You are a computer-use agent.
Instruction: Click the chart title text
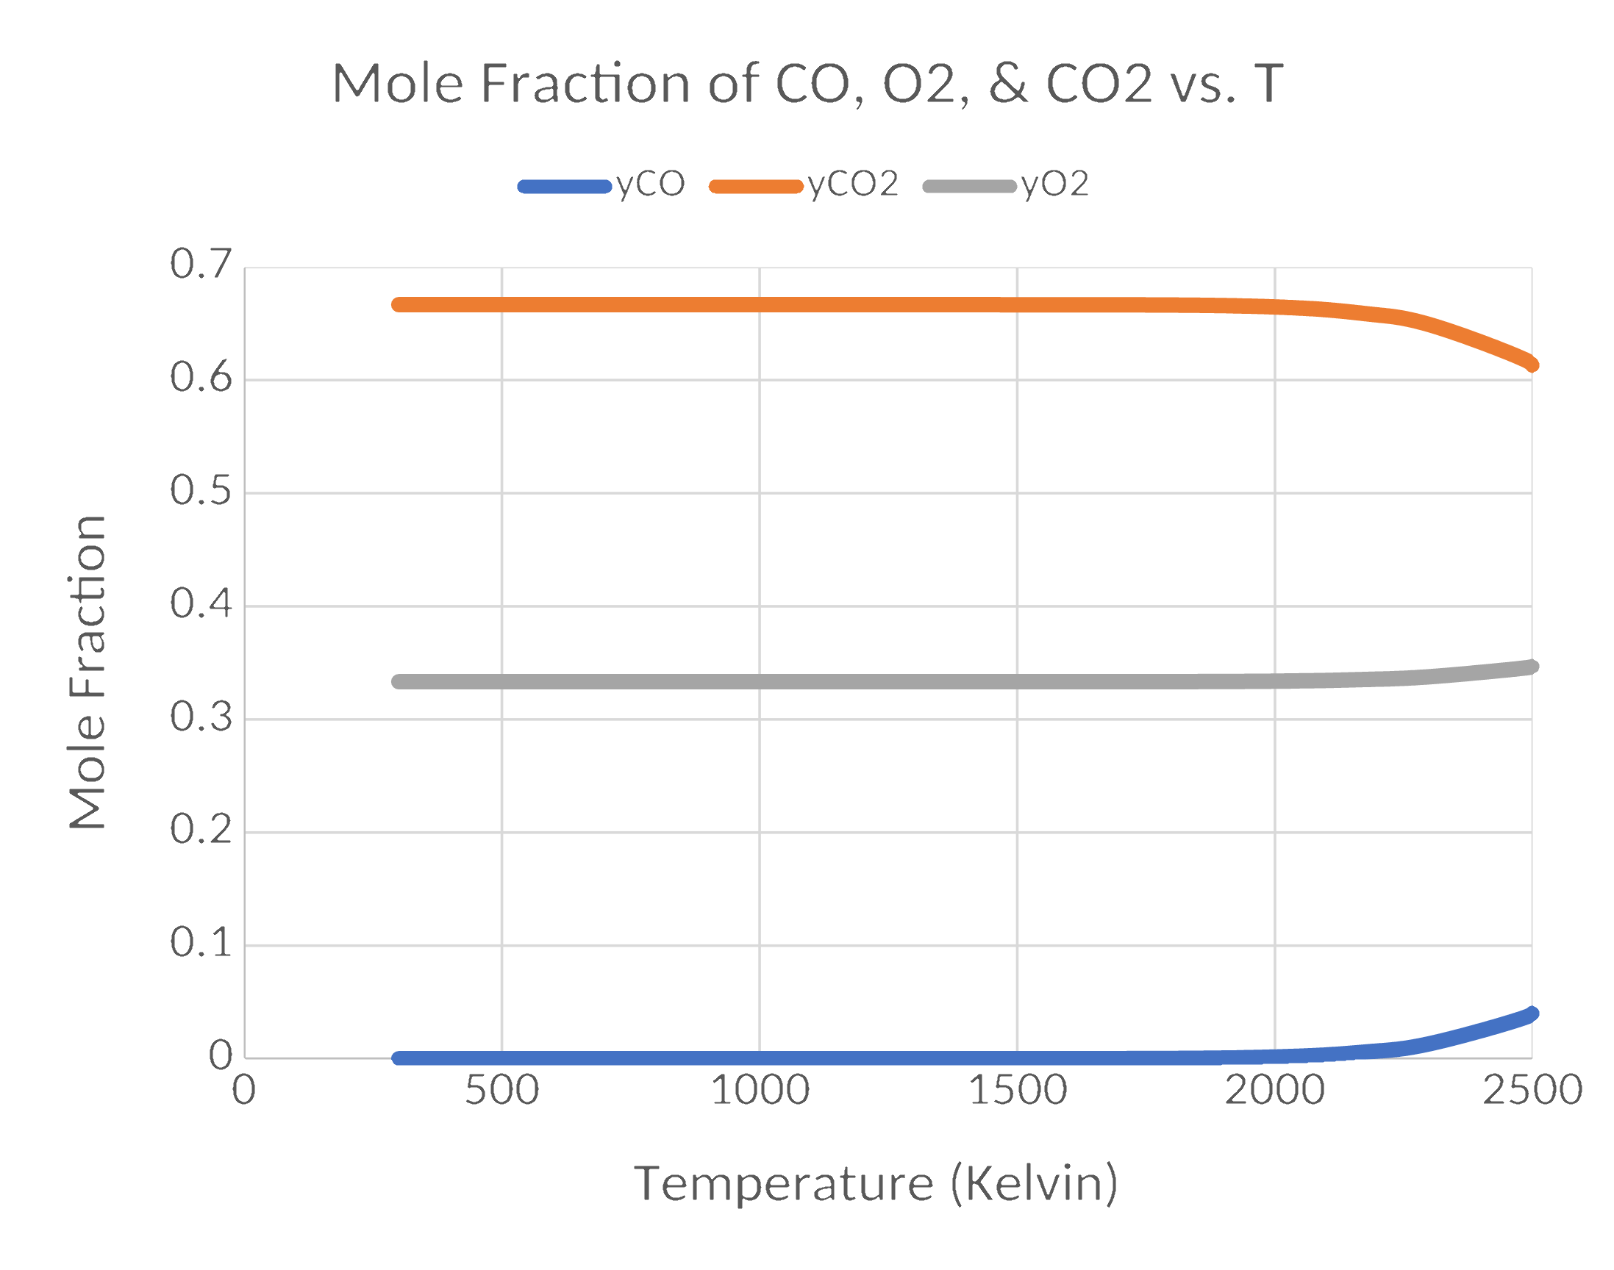click(807, 83)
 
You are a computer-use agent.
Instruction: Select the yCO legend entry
click(601, 184)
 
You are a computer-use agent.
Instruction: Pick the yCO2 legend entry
click(804, 184)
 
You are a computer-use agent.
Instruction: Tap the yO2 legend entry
click(1006, 184)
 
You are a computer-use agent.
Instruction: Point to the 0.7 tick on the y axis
click(201, 264)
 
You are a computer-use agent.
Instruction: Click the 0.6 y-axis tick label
click(201, 378)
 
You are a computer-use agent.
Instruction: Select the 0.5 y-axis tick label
click(201, 491)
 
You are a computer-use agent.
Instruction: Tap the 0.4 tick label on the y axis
click(201, 604)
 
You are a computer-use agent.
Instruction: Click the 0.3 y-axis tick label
click(201, 717)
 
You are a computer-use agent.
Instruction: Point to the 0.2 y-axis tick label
click(201, 830)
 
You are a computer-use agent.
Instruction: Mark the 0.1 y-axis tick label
click(201, 944)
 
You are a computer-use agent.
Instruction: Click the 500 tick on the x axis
click(501, 1091)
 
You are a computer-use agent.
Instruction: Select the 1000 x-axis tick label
click(760, 1091)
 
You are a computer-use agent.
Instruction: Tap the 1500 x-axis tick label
click(1018, 1091)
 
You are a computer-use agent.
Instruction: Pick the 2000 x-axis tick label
click(1275, 1091)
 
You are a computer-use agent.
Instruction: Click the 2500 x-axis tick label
click(1532, 1091)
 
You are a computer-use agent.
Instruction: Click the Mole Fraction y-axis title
click(88, 672)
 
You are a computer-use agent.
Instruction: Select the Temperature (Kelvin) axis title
click(876, 1184)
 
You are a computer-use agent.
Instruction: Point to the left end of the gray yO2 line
click(399, 682)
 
